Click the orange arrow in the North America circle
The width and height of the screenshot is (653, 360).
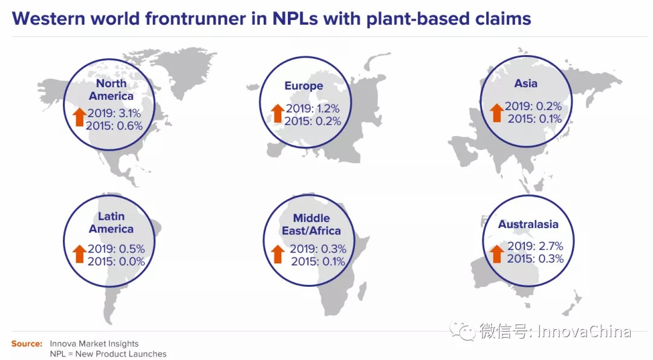click(x=80, y=117)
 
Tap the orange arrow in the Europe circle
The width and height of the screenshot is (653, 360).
click(x=278, y=113)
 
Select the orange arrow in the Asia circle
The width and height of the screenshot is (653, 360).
click(x=496, y=113)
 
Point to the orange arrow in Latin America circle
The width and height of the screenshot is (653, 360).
click(x=80, y=254)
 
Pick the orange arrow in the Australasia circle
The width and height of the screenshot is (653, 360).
click(x=496, y=254)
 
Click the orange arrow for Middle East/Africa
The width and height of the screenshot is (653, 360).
click(x=278, y=254)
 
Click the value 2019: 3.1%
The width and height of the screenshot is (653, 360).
click(x=114, y=113)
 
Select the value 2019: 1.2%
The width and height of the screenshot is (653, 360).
click(x=313, y=108)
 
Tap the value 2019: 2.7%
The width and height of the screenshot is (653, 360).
click(x=535, y=246)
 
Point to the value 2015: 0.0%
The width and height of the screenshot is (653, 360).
click(x=116, y=261)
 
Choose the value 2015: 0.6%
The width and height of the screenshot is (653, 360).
click(x=114, y=125)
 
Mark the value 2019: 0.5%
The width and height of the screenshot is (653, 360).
click(x=116, y=249)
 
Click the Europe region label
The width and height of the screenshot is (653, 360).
click(x=304, y=86)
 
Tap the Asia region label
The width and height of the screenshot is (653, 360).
click(x=525, y=83)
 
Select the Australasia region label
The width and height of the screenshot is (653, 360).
click(x=528, y=224)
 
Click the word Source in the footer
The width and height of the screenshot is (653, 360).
click(x=27, y=344)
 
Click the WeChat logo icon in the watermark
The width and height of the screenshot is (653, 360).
click(x=462, y=331)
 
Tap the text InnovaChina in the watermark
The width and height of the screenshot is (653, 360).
click(x=584, y=331)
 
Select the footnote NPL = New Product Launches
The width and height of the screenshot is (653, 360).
click(x=108, y=354)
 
